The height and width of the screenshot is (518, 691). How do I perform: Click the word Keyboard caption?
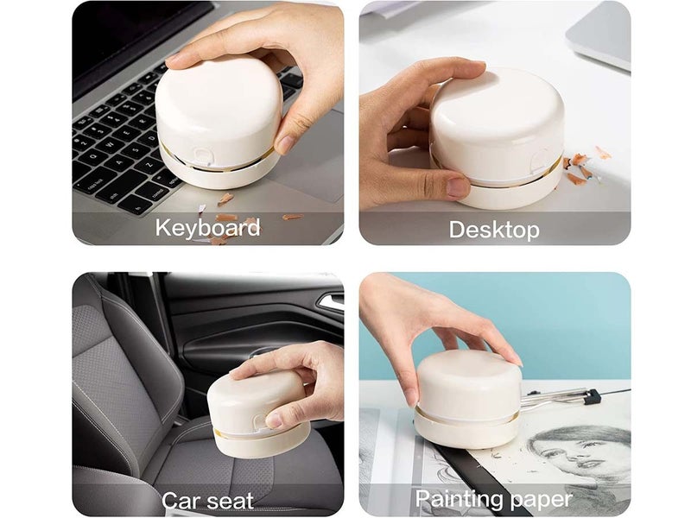click(207, 228)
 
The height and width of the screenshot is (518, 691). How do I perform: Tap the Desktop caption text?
click(494, 230)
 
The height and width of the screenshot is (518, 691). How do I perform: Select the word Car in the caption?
click(181, 501)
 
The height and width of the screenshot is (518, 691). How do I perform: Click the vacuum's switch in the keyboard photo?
click(203, 155)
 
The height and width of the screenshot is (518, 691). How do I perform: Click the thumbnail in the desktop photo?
click(458, 186)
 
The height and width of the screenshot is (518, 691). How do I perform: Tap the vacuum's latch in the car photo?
click(260, 422)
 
